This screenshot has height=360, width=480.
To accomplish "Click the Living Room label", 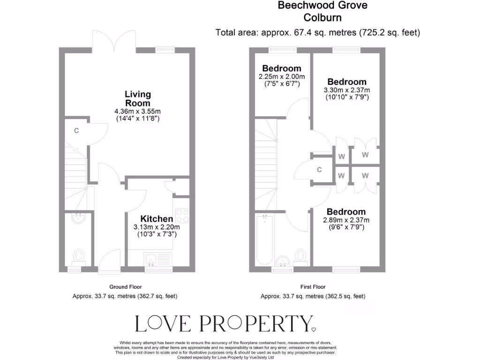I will coord(138,99).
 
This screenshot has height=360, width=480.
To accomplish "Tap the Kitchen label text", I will coord(157,219).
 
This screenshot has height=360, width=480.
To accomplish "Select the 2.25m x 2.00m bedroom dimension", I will coord(281,77).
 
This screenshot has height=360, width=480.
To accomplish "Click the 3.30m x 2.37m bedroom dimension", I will coord(347,90).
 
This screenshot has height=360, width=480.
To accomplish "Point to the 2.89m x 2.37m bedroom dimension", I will coord(346,220).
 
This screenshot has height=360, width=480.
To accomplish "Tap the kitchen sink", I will coord(151,258).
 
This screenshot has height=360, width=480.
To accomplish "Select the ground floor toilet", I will coord(78,256).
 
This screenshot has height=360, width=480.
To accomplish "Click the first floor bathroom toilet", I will coord(301,256).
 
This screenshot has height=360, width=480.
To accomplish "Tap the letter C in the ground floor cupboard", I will coord(76,131).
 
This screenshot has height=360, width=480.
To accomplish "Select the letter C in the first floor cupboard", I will coord(319,170).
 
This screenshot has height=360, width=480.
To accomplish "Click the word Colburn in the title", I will coord(322,18).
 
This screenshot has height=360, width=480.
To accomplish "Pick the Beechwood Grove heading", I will coord(322,6).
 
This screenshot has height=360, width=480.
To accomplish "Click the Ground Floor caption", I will coord(125,287).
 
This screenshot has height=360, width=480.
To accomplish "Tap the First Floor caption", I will coord(313,287).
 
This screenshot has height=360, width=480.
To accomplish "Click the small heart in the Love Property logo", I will coord(314,329).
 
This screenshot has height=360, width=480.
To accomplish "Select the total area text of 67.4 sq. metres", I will coord(317,33).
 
